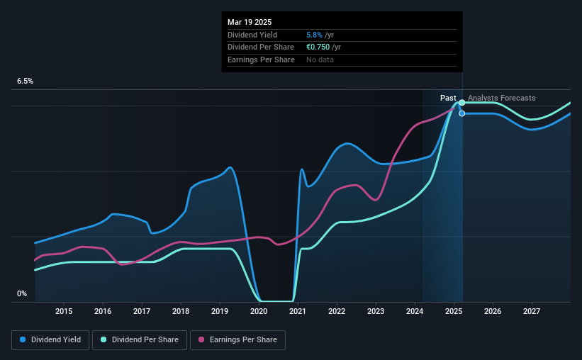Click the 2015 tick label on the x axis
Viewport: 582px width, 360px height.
tap(64, 311)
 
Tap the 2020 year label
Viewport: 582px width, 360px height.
tap(259, 311)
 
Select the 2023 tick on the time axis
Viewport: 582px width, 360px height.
tap(376, 311)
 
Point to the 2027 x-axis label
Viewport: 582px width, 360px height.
tap(532, 311)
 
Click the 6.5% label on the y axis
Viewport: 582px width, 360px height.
tap(25, 81)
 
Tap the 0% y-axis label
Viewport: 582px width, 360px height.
tap(22, 293)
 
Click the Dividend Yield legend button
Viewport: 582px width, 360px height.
tap(50, 340)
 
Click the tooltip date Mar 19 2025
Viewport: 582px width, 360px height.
tap(250, 22)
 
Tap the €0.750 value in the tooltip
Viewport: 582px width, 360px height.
tap(317, 47)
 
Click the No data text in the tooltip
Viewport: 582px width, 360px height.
tap(320, 60)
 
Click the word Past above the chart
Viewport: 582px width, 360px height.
tap(448, 98)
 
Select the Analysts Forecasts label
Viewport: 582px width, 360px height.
tap(502, 98)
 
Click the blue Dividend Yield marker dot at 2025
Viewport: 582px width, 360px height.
tap(462, 113)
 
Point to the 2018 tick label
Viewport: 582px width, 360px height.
tap(181, 311)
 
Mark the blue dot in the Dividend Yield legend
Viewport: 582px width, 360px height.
tap(23, 340)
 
